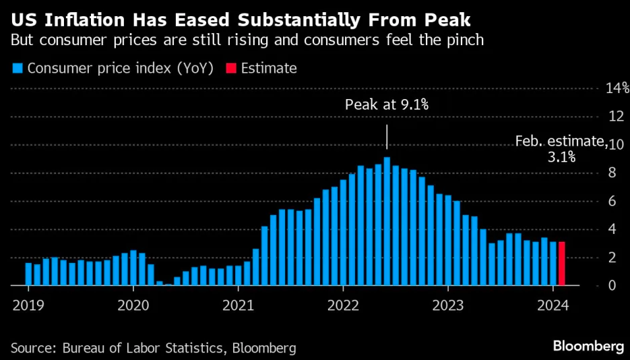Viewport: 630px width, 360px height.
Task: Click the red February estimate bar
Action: tap(562, 264)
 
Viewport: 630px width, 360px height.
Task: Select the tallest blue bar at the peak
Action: tap(387, 222)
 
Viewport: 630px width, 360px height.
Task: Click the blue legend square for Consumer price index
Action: tap(17, 68)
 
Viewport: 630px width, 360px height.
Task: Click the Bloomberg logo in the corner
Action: tap(588, 347)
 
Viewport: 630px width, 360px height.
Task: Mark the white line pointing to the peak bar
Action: tap(387, 137)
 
